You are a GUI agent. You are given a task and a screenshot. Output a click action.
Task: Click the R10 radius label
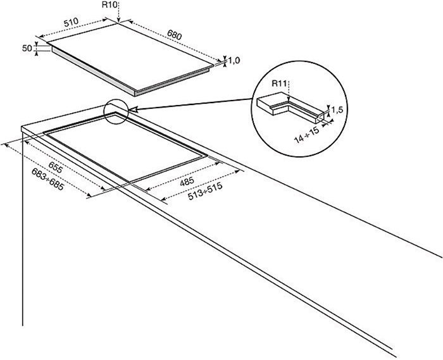coord(108,5)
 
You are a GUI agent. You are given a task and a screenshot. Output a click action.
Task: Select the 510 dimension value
coord(71,23)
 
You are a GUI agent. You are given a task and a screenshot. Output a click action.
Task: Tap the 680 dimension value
coord(174,34)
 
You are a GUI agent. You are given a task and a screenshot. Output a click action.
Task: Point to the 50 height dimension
coord(27,48)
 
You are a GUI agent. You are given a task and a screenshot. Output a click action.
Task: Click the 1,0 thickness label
coord(234,61)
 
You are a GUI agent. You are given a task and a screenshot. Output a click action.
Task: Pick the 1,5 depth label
coord(337,110)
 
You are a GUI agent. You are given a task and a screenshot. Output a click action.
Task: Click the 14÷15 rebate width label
coord(306,135)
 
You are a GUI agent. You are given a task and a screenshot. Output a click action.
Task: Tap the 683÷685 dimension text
coord(47,179)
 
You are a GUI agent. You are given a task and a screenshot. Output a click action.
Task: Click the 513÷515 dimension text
coord(205,192)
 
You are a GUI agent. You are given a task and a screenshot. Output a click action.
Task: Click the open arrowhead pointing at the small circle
coord(134,109)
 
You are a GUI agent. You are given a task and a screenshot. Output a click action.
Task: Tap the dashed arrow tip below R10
coord(119,21)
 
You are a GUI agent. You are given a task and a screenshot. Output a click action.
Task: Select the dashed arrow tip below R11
coord(288,99)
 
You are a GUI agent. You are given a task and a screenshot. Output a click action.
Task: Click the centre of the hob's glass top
coord(131,56)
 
